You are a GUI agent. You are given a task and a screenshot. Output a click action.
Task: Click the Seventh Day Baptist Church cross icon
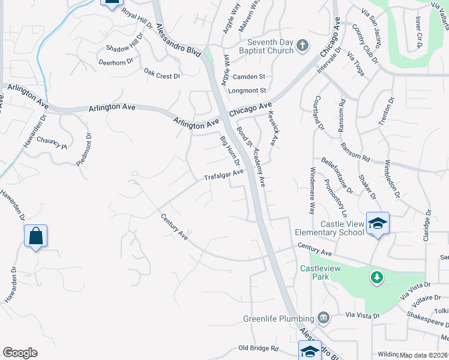303,46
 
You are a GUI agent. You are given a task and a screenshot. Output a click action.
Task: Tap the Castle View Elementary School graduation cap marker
378,224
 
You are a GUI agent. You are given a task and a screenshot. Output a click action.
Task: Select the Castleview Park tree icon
376,278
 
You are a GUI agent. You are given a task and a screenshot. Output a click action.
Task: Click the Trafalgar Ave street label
223,175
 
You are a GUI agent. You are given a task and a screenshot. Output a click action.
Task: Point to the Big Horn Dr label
230,151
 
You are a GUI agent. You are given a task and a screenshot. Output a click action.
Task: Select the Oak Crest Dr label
161,76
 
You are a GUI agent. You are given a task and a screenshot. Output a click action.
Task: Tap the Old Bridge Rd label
259,348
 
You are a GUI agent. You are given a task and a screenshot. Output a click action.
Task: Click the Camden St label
249,77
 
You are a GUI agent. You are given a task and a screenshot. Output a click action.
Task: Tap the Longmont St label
247,91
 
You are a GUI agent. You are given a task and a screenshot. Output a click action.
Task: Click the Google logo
20,353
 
